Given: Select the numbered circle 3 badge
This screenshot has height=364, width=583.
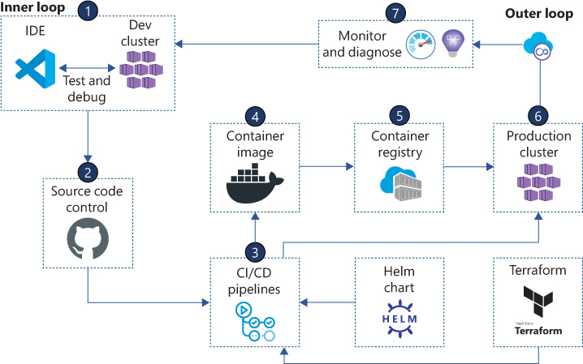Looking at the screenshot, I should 255,251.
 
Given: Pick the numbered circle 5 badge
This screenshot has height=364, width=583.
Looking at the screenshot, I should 398,114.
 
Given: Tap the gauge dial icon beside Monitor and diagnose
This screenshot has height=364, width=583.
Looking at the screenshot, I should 421,43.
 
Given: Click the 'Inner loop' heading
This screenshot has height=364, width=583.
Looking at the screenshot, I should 29,8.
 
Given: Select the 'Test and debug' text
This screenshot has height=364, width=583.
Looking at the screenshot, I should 88,88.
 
